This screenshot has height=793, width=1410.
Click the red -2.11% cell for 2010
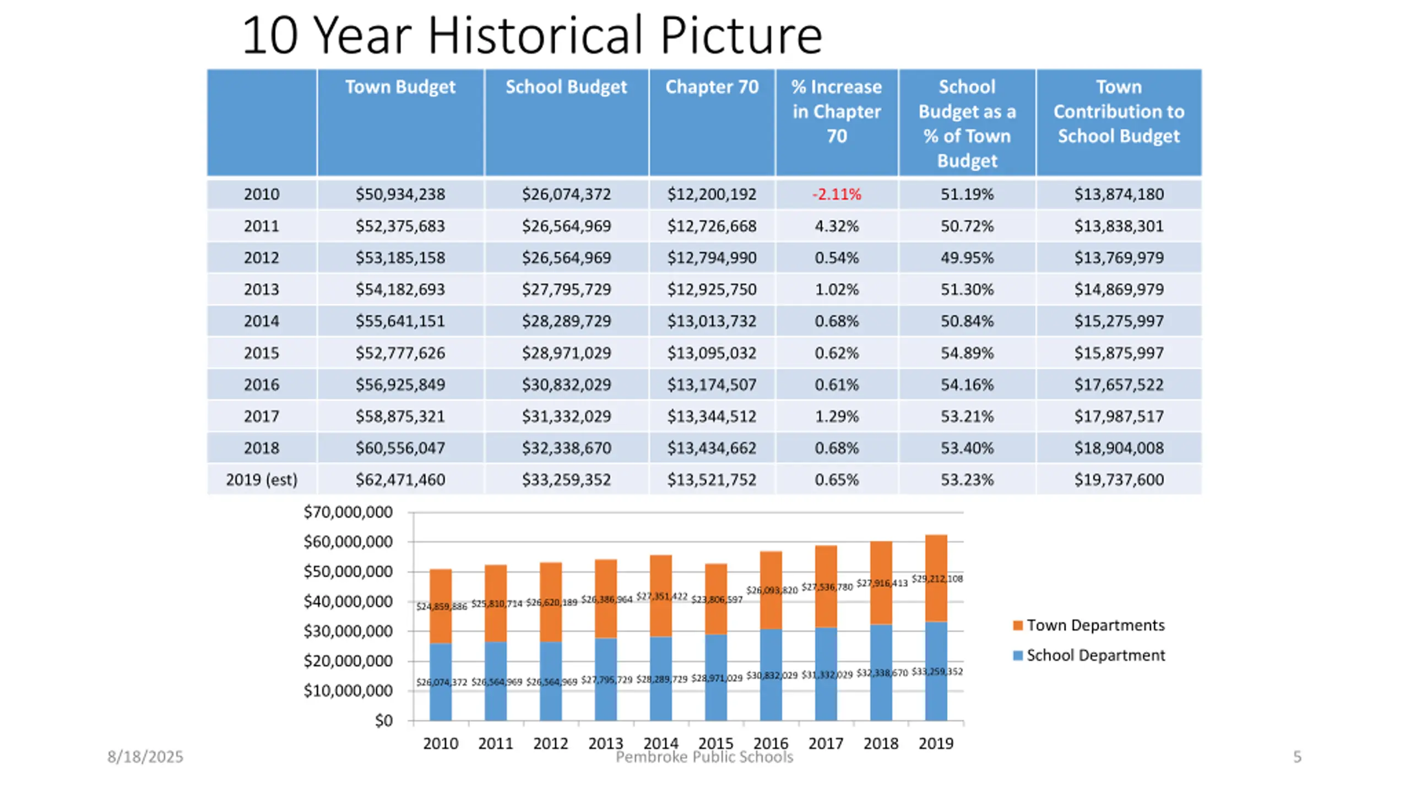point(836,194)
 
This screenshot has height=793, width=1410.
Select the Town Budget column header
point(400,87)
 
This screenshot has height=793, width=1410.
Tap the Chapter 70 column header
point(712,87)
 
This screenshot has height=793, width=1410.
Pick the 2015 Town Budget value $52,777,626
point(400,353)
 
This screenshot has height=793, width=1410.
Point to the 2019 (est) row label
point(262,480)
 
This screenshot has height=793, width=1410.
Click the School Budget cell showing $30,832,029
point(566,384)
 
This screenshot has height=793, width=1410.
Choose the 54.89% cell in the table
point(967,353)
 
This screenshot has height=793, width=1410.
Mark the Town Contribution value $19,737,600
point(1119,480)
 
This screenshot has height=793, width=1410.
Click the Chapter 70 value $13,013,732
point(712,321)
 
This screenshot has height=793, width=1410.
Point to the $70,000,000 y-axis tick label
point(348,512)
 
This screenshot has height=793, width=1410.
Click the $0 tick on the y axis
point(383,721)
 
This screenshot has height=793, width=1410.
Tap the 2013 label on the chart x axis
point(605,743)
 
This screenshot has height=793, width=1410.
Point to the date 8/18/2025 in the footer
point(145,757)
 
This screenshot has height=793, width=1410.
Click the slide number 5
point(1297,757)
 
